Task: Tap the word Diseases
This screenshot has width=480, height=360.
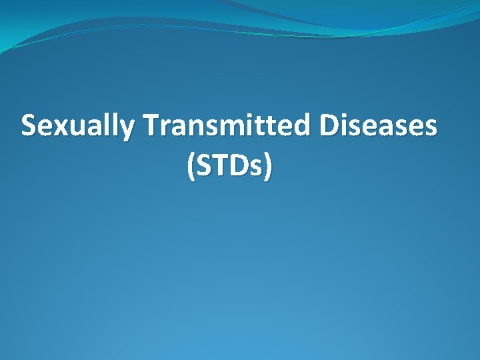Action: [x=379, y=125]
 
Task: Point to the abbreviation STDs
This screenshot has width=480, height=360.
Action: [x=230, y=166]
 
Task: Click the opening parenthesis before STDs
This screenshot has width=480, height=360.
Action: [x=191, y=167]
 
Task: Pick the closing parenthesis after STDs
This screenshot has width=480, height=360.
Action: [x=268, y=167]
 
